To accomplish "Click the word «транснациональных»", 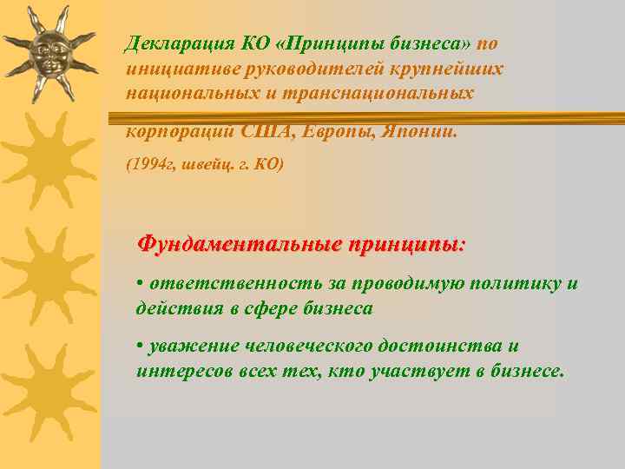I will coord(398,92).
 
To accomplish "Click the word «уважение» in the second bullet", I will coord(185,346).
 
